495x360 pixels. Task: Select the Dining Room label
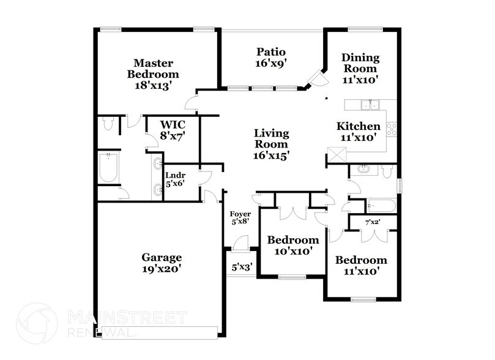point(360,68)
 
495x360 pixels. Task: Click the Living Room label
point(271,144)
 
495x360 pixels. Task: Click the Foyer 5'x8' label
point(240,219)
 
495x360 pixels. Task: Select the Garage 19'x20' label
point(162,263)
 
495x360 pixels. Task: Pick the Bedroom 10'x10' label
point(293,245)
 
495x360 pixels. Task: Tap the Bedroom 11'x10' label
point(360,264)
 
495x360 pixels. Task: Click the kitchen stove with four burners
point(390,129)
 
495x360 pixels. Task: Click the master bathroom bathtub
point(108,168)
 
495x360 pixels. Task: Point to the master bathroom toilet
point(108,124)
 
